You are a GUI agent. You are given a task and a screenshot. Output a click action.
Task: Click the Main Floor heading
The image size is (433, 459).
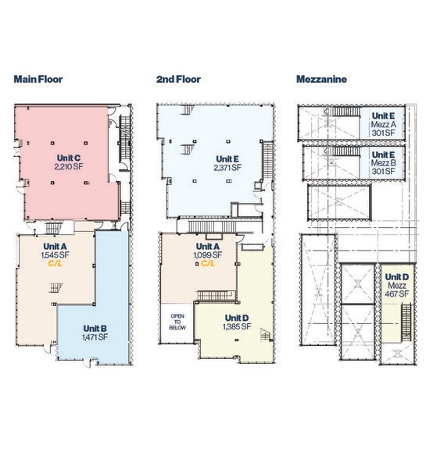[38, 80]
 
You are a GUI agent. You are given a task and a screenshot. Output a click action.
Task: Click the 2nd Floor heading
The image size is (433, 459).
[178, 80]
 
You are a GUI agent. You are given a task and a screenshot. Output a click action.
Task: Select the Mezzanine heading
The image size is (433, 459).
[321, 80]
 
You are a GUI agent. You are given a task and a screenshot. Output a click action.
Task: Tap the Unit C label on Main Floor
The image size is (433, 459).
[69, 158]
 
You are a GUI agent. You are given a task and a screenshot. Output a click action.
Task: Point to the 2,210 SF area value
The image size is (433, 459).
[69, 167]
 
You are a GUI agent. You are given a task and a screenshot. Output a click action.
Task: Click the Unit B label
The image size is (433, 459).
[95, 329]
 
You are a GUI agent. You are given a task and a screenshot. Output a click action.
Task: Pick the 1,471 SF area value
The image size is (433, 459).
[95, 337]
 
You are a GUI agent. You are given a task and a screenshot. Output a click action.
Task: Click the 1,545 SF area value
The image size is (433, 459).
[55, 255]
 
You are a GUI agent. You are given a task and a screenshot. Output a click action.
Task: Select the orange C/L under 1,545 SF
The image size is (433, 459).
[55, 264]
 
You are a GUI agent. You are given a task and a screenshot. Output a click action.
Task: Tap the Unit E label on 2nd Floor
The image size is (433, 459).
[227, 159]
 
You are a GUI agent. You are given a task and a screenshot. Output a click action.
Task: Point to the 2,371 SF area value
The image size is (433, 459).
[227, 168]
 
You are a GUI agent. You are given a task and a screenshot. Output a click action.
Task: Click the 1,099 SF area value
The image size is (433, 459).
[208, 255]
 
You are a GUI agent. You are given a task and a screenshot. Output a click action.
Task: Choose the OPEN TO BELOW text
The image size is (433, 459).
[177, 322]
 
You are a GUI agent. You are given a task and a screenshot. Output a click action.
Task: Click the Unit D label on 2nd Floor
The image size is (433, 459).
[237, 318]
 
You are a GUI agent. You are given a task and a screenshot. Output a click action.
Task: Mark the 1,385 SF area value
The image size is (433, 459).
[237, 326]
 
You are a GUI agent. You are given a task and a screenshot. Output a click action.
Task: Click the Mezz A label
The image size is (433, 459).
[384, 124]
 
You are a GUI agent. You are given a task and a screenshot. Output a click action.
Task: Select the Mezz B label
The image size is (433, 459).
[384, 162]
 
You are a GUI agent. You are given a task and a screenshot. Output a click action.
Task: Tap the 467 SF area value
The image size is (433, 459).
[396, 294]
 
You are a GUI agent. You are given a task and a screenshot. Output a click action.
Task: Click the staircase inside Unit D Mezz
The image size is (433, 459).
[406, 322]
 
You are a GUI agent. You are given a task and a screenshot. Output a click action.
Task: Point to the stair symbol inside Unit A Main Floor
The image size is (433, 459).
[55, 288]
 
